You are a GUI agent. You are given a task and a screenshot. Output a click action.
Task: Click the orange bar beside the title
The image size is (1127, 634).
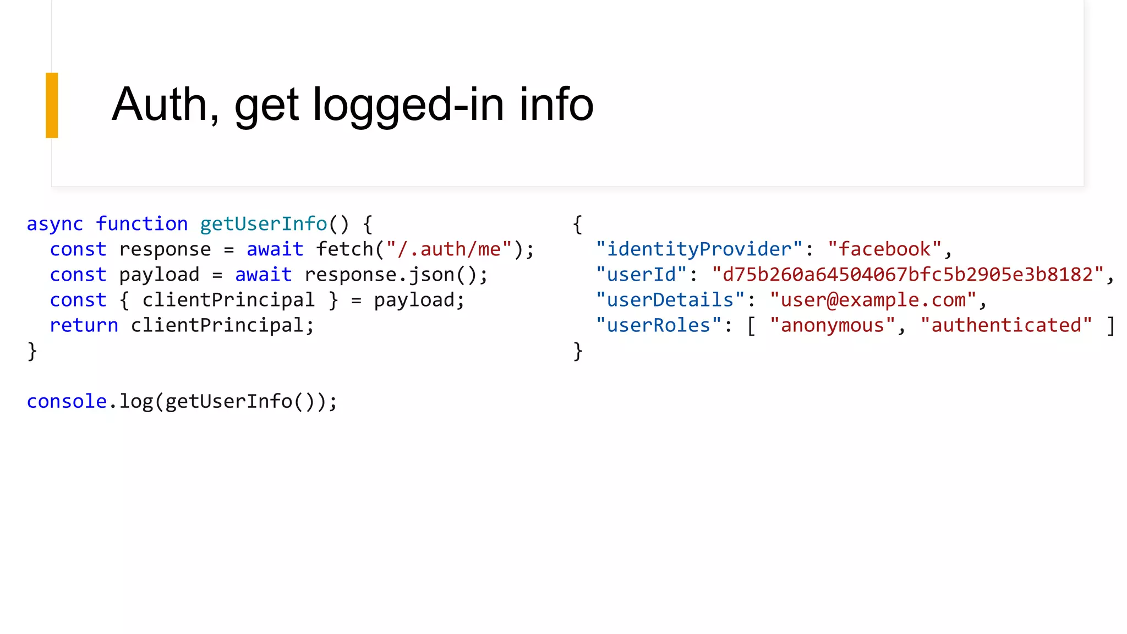52,105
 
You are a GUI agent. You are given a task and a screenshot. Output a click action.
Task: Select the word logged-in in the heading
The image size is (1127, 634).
408,106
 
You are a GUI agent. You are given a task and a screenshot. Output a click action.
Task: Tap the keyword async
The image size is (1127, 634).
54,224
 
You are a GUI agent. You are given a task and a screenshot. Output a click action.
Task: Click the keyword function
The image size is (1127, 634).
142,224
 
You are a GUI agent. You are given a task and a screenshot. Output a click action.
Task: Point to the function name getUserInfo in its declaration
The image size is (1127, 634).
263,224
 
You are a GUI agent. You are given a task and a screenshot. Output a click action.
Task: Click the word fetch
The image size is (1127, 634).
344,249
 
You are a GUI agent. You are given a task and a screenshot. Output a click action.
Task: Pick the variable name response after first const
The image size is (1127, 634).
165,249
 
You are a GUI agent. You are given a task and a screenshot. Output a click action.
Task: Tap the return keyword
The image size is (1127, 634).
84,325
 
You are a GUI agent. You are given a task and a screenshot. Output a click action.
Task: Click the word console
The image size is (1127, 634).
67,401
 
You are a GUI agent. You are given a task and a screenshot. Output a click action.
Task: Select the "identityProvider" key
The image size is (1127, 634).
699,249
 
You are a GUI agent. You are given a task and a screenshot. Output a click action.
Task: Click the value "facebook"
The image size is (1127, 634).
884,249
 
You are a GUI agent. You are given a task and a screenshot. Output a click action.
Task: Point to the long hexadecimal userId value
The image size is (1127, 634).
907,275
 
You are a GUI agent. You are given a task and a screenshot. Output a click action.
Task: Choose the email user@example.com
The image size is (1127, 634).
873,300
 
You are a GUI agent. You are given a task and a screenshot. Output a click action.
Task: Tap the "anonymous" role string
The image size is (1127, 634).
832,325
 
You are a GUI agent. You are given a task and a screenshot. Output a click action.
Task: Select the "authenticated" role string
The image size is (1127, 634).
1006,325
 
